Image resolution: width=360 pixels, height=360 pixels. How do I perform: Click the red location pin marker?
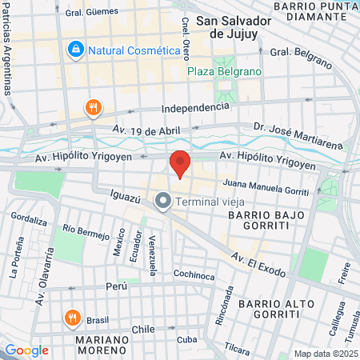tap(180, 164)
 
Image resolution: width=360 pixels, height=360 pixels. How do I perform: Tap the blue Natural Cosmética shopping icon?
tap(75, 50)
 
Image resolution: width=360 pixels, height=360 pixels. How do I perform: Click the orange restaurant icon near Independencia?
tap(94, 107)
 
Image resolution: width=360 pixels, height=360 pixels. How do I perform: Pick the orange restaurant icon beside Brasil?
tap(72, 318)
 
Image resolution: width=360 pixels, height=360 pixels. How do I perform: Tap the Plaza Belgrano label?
tap(224, 71)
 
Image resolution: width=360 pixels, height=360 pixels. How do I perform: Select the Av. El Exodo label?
tap(258, 264)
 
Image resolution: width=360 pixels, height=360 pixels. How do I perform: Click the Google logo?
tap(26, 350)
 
